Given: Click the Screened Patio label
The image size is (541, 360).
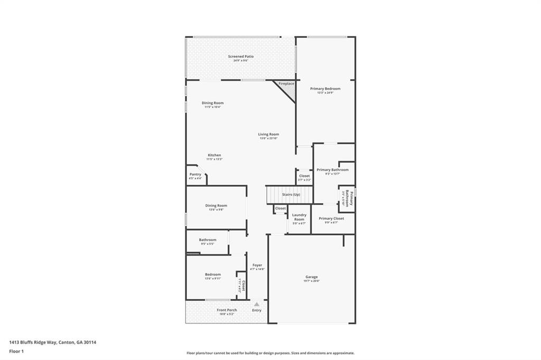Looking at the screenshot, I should point(241,58).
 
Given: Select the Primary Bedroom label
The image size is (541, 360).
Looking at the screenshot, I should point(325,90).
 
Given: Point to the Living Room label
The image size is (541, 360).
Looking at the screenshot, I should point(268,136).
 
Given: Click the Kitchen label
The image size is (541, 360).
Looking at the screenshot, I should point(214,157).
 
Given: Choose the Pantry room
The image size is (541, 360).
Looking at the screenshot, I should point(195,176).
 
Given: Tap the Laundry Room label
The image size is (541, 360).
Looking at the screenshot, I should point(299,219).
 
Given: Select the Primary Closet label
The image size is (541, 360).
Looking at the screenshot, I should point(331,220).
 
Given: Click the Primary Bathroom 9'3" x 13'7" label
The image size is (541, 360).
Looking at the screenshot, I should point(332,172).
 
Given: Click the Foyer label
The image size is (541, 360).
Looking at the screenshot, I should point(257,267).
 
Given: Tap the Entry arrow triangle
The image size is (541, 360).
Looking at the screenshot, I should point(257,304).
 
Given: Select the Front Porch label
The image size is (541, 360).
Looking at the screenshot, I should point(228,311).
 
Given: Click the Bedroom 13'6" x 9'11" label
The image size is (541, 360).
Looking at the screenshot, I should point(213,276).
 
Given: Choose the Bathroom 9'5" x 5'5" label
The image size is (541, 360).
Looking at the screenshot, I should point(208,241).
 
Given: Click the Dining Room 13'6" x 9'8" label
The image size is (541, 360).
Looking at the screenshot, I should point(216,207).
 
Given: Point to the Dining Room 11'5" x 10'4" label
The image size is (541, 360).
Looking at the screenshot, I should point(212,105).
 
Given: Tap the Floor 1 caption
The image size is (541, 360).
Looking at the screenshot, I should point(16,351).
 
